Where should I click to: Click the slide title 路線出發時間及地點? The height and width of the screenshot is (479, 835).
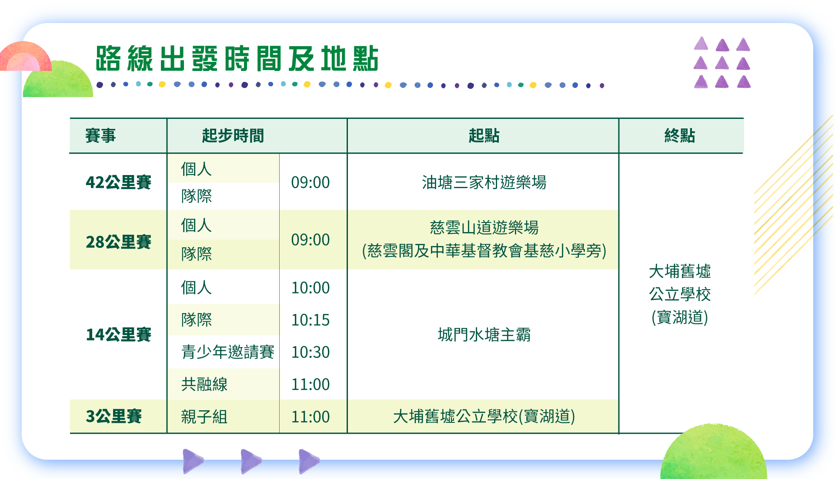point(237,58)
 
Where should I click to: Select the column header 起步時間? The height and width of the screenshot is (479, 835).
point(233,135)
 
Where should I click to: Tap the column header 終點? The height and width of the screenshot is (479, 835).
point(680,135)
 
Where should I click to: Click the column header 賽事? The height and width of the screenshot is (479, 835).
point(100,135)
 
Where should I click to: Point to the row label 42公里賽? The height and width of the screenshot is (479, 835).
point(118,182)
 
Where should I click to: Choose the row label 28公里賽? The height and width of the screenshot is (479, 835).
point(118,242)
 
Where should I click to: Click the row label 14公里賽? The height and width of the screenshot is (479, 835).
point(118,334)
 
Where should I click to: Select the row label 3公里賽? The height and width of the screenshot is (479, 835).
point(114,416)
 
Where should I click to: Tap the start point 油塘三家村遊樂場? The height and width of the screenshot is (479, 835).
point(484,182)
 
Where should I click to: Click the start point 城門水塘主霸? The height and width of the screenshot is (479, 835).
point(484,334)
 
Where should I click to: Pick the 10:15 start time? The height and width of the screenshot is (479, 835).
point(311,320)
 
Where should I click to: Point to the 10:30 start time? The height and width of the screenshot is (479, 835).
point(311,352)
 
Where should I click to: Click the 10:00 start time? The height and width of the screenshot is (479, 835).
point(311,288)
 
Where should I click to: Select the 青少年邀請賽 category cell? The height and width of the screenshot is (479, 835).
point(227,352)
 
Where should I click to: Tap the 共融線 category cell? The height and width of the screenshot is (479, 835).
point(204,384)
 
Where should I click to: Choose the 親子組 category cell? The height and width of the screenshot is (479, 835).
point(204,417)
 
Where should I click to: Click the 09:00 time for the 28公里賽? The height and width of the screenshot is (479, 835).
point(311,240)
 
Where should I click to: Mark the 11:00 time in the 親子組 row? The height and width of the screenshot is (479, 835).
point(311,417)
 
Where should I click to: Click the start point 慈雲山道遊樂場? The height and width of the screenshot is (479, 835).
point(484,227)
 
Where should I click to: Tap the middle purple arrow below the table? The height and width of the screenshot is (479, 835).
point(251,461)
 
